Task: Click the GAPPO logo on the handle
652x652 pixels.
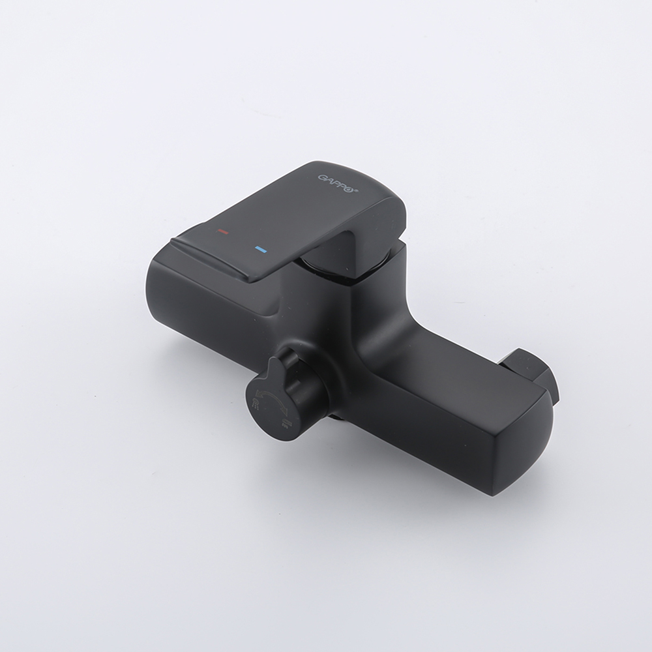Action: [338, 183]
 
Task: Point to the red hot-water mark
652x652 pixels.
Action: [223, 231]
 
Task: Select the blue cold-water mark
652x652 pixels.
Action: [261, 249]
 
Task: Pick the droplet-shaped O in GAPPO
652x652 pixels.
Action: [350, 189]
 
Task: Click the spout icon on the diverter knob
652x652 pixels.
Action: [286, 423]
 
